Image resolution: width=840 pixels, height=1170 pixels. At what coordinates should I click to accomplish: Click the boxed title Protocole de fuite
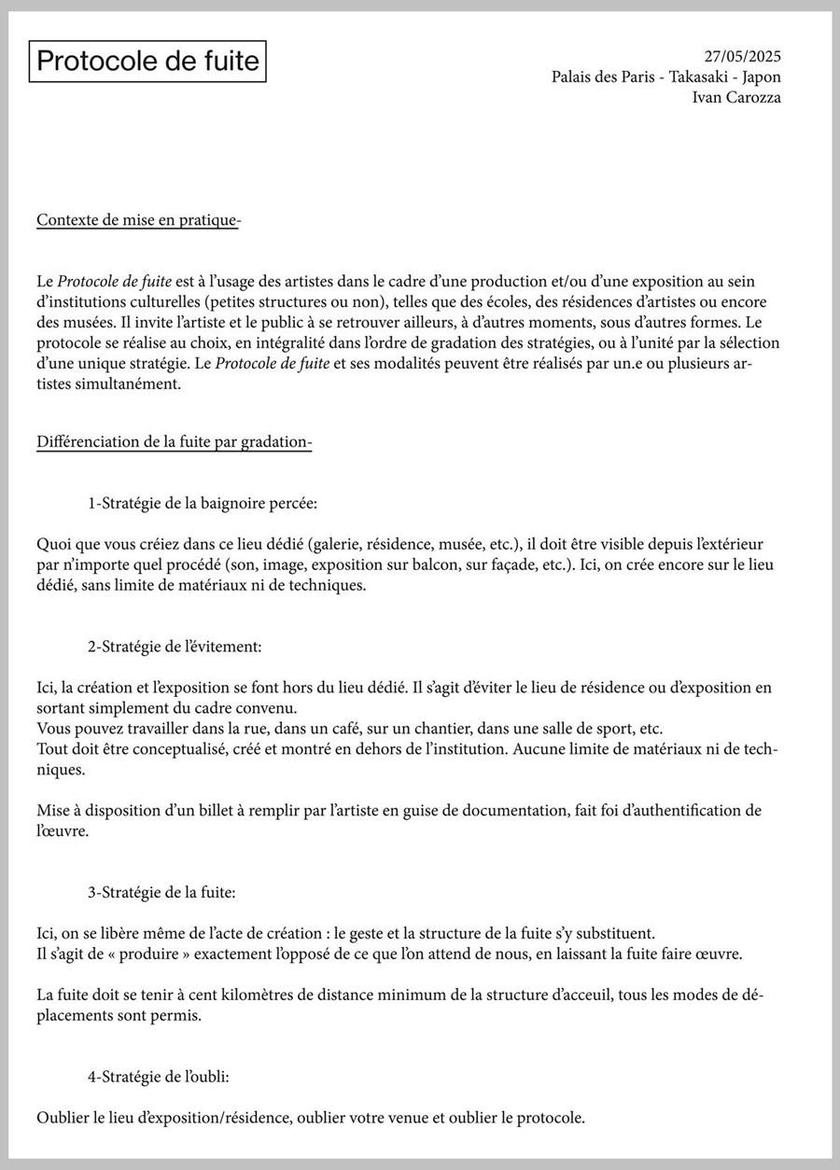tap(147, 62)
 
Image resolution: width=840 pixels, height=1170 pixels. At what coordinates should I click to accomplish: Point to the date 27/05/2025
tap(742, 57)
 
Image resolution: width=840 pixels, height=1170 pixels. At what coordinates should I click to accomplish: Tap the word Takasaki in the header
tap(701, 77)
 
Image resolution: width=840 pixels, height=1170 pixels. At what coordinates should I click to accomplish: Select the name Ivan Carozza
tap(736, 97)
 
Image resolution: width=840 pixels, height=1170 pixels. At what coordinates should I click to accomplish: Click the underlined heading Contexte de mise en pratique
tap(138, 220)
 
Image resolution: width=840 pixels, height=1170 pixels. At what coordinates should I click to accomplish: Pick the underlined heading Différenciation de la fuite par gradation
tap(174, 442)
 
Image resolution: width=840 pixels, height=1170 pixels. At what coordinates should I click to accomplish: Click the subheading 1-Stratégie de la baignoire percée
tap(203, 504)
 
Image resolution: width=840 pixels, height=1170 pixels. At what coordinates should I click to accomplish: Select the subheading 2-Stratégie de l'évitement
tap(175, 646)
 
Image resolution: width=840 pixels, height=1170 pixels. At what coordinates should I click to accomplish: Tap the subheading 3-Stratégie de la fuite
tap(161, 892)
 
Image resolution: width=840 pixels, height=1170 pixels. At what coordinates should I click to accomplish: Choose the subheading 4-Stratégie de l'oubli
tap(159, 1076)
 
